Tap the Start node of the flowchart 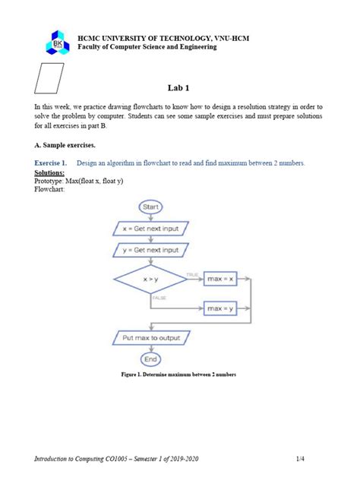pyautogui.click(x=150, y=207)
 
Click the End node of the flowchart pyautogui.click(x=150, y=358)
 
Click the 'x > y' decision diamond pyautogui.click(x=150, y=280)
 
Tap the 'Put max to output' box pyautogui.click(x=150, y=336)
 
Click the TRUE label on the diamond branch pyautogui.click(x=193, y=273)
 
